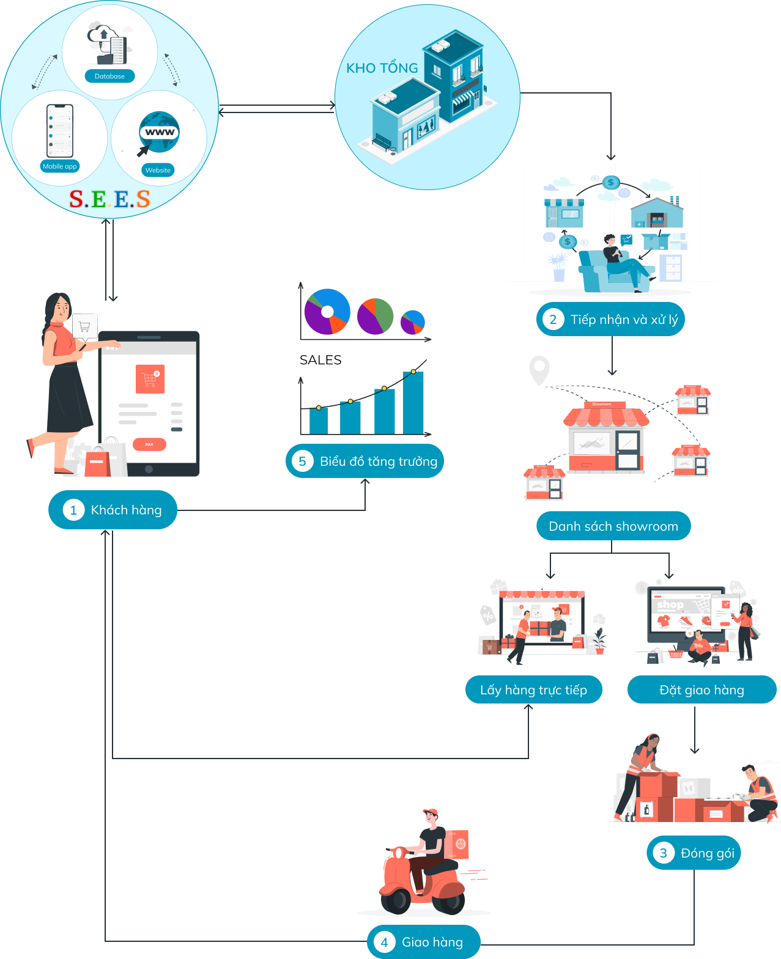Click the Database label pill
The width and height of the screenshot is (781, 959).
pyautogui.click(x=110, y=76)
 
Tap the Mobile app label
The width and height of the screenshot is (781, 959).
pyautogui.click(x=60, y=166)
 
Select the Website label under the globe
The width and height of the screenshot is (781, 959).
pyautogui.click(x=158, y=171)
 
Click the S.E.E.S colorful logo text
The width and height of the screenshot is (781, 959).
pyautogui.click(x=109, y=199)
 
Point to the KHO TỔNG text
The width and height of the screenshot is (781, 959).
pyautogui.click(x=382, y=68)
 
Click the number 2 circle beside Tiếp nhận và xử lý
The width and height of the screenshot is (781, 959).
pyautogui.click(x=553, y=319)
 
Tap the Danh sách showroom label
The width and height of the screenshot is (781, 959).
pyautogui.click(x=613, y=526)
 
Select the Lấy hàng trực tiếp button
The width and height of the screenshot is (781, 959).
pyautogui.click(x=533, y=690)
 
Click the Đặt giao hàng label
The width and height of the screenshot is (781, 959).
pyautogui.click(x=701, y=690)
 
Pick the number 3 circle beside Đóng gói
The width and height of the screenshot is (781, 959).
pyautogui.click(x=663, y=853)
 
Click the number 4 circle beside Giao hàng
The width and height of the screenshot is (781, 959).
pyautogui.click(x=384, y=942)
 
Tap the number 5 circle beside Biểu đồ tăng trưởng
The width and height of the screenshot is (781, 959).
pyautogui.click(x=302, y=461)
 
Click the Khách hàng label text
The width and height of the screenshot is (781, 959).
pyautogui.click(x=126, y=510)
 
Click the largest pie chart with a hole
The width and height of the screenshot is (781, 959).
pyautogui.click(x=327, y=312)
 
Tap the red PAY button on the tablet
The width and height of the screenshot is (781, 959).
pyautogui.click(x=149, y=444)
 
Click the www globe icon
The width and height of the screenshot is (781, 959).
pyautogui.click(x=159, y=132)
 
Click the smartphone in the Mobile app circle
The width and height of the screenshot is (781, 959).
pyautogui.click(x=60, y=131)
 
